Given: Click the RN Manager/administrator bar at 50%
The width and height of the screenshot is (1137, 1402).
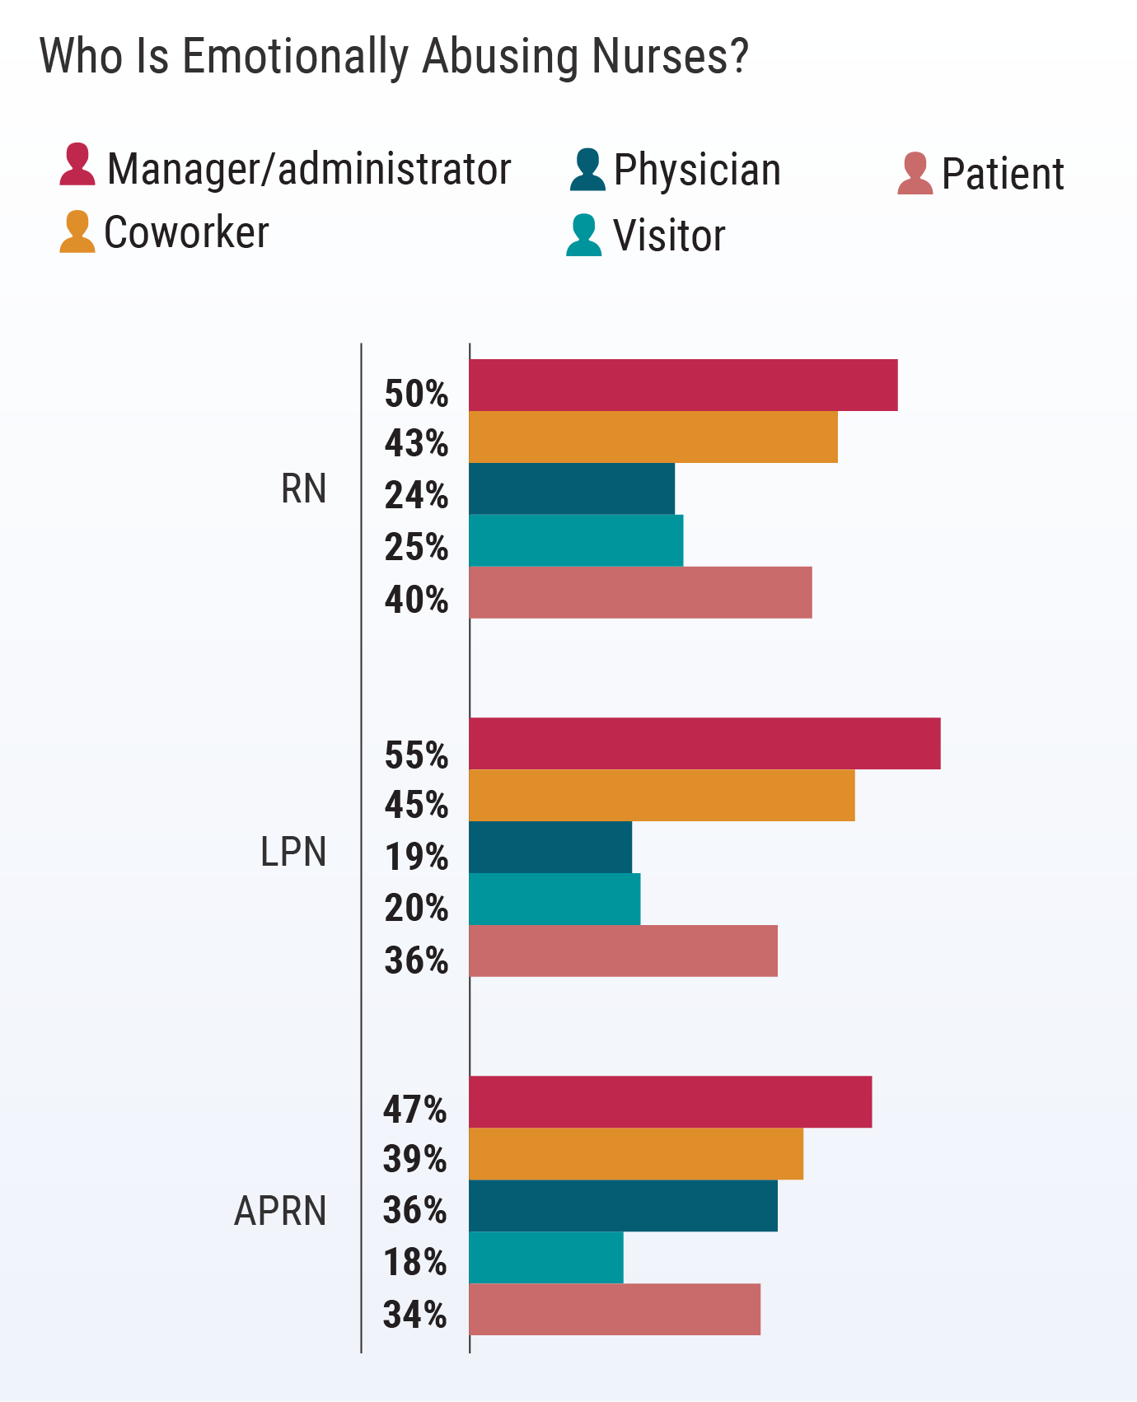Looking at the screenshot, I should (683, 385).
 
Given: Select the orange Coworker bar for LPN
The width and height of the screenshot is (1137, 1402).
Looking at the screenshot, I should (662, 795).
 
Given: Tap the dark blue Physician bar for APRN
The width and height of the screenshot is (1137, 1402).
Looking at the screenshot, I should (623, 1205).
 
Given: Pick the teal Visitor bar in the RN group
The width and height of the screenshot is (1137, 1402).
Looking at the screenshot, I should (576, 540).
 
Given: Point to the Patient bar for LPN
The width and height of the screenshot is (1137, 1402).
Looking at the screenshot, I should (623, 951).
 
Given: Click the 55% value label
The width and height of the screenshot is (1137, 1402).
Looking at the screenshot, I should (416, 755).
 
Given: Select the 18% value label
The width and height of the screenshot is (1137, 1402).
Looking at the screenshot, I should (414, 1262).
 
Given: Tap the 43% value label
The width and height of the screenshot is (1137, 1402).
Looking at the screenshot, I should (416, 444).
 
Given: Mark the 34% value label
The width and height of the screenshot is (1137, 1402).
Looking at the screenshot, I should (414, 1315).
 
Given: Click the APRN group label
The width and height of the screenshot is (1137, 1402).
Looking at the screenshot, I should (280, 1212).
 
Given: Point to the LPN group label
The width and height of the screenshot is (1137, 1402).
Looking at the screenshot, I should (293, 852).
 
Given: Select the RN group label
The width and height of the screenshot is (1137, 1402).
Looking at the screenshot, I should (303, 489).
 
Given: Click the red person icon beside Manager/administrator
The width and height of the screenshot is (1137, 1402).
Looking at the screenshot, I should (77, 165).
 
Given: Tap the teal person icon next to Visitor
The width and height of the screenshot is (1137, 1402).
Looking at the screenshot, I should (584, 236).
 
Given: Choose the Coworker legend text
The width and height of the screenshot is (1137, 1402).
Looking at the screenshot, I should (186, 233).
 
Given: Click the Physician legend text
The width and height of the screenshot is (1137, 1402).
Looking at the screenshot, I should (697, 171).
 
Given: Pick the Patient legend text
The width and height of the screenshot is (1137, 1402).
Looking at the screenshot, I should (1003, 175).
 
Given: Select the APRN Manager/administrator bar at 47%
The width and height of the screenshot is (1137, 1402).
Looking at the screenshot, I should (670, 1101).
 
